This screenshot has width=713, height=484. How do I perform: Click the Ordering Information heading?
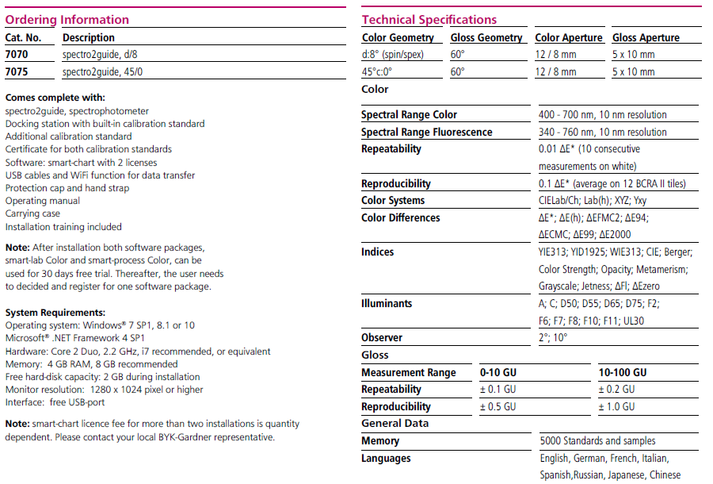click(x=67, y=20)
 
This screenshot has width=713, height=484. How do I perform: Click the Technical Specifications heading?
click(x=429, y=20)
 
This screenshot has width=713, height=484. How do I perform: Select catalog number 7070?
click(x=17, y=55)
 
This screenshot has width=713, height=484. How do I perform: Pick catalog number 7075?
click(x=17, y=72)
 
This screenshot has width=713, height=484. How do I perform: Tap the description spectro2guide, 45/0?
click(x=103, y=72)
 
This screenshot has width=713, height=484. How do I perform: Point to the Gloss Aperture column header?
click(x=646, y=37)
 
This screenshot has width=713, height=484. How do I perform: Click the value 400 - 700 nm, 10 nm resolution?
click(x=602, y=115)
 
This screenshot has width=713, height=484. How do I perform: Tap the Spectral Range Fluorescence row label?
click(x=426, y=133)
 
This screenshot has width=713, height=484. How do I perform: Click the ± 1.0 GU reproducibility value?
click(x=616, y=406)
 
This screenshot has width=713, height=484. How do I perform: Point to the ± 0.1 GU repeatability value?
click(x=498, y=390)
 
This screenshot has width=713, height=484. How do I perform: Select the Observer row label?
click(x=382, y=337)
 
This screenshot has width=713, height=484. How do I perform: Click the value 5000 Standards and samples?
click(x=597, y=440)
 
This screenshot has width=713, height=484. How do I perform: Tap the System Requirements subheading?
click(x=55, y=313)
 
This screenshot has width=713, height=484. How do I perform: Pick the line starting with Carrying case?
click(x=32, y=214)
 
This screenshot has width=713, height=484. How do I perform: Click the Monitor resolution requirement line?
click(x=104, y=390)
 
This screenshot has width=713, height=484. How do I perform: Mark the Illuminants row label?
click(x=387, y=303)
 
